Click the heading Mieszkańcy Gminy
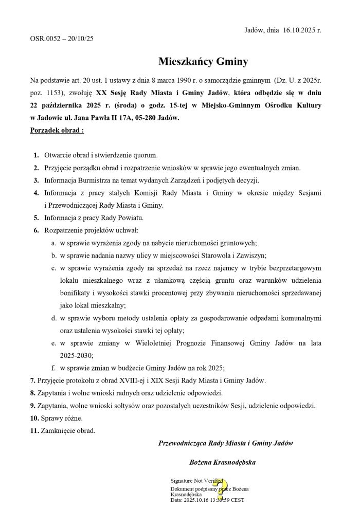tap(203, 62)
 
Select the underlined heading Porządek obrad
tap(57, 130)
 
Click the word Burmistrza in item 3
tap(95, 180)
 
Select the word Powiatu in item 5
tap(131, 217)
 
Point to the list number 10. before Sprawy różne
tap(34, 418)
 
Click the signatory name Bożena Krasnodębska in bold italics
tap(222, 462)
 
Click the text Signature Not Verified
tap(193, 481)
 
